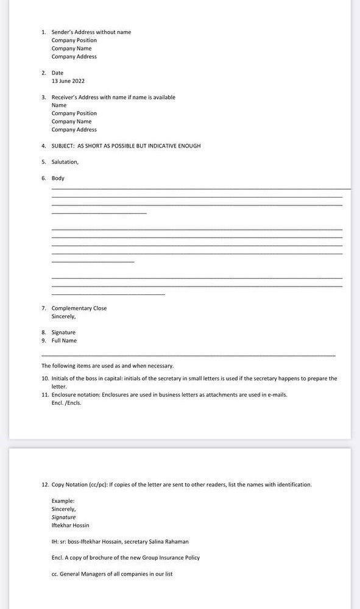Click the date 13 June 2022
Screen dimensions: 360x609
68,81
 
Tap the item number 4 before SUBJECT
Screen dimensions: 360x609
43,146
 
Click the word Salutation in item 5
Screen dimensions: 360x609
65,162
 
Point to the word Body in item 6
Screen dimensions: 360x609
58,179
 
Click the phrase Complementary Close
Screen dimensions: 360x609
79,308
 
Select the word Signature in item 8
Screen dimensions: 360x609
63,333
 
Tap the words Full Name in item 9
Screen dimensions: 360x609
64,341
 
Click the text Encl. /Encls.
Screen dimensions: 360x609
66,403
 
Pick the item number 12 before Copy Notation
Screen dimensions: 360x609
44,485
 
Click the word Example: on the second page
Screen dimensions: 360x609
63,501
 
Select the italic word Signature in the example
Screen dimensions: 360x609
63,518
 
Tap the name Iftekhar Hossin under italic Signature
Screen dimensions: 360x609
70,525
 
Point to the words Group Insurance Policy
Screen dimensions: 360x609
169,558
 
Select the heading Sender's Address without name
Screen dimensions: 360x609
91,32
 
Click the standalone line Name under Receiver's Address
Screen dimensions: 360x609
58,105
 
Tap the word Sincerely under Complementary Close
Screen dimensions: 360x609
63,317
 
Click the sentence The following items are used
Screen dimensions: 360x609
107,366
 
